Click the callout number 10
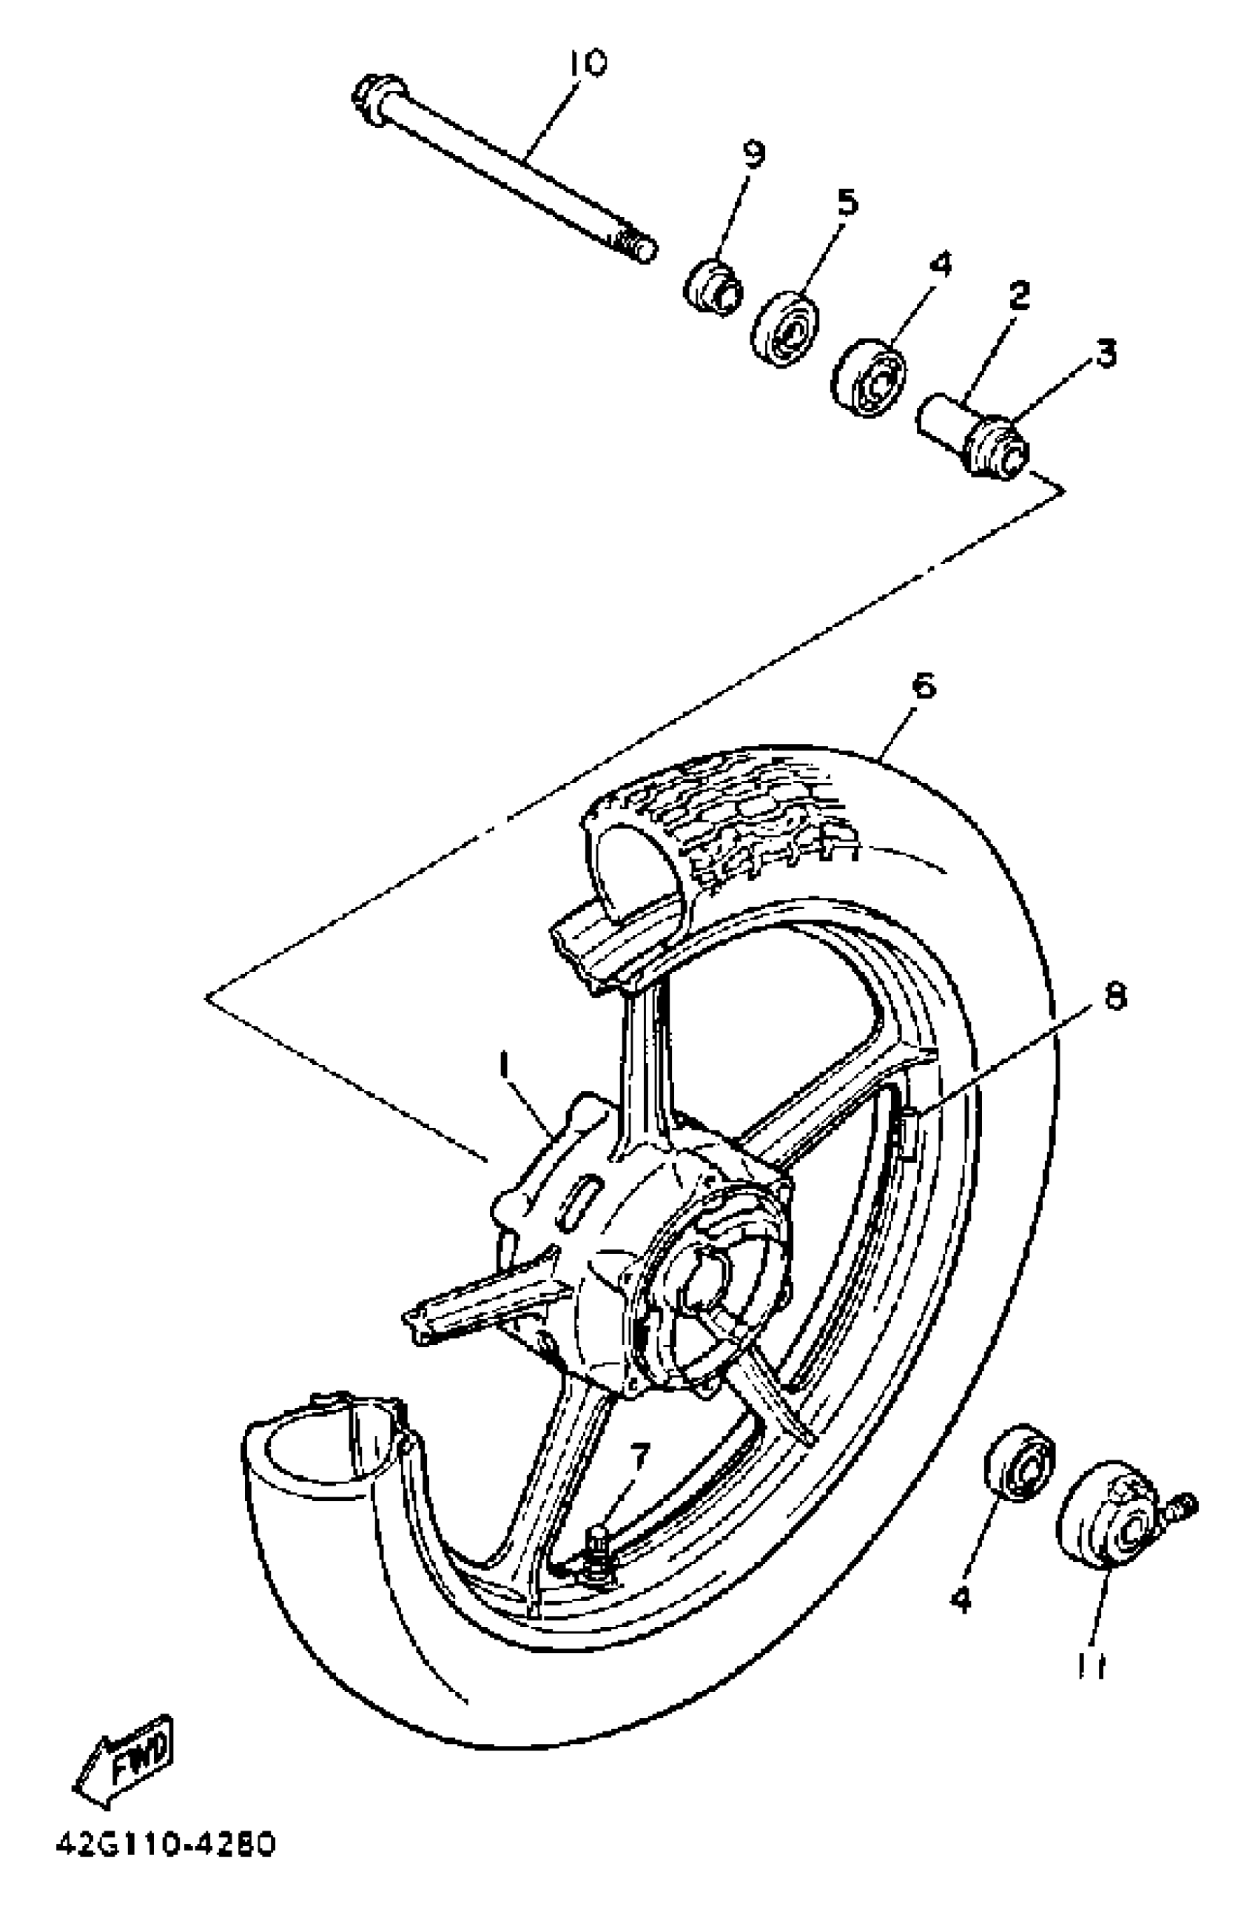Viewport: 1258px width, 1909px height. click(588, 63)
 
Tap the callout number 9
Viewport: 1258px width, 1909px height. click(753, 153)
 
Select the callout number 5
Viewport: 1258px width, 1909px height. click(847, 202)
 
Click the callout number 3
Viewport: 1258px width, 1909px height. click(1106, 352)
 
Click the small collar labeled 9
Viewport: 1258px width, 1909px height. click(713, 285)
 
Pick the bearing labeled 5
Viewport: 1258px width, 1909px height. click(785, 329)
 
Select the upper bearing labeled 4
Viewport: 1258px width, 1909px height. click(868, 378)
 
